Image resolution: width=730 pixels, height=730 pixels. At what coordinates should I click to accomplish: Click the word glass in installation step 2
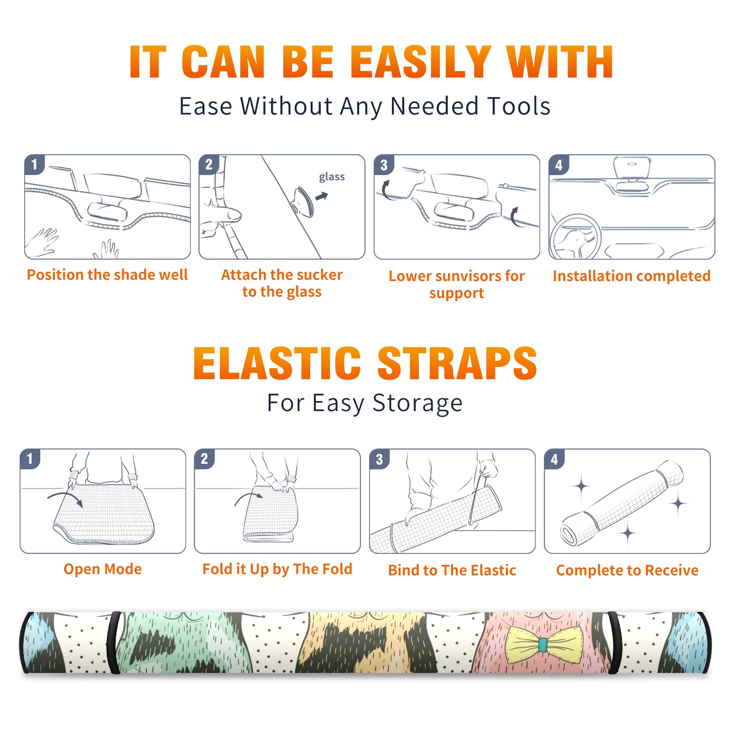(x=332, y=177)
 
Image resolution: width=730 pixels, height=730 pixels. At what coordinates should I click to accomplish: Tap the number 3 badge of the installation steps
(x=384, y=165)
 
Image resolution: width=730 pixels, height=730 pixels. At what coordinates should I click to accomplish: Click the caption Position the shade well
(x=107, y=275)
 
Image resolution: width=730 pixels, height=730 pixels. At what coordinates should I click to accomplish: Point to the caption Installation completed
(x=631, y=276)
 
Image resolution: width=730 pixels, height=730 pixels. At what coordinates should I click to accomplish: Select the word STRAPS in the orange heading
(x=457, y=363)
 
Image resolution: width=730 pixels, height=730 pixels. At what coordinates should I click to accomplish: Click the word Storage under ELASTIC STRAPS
(x=417, y=403)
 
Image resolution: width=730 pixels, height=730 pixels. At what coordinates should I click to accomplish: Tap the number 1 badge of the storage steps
(x=30, y=459)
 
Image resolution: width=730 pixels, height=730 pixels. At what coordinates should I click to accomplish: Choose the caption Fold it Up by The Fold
(x=277, y=569)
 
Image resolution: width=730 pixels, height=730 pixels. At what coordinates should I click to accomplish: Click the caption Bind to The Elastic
(x=452, y=570)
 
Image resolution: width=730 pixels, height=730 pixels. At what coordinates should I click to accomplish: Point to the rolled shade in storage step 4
(x=622, y=503)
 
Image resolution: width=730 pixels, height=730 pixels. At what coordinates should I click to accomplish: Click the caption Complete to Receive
(x=627, y=570)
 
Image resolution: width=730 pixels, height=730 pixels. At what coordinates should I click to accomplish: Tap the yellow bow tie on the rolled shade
(x=543, y=644)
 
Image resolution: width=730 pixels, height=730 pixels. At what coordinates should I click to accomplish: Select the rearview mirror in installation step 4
(x=631, y=168)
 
